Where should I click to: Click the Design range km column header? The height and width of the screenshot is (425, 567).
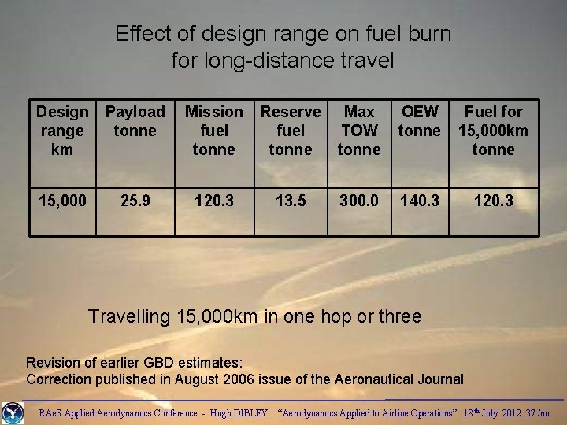61,131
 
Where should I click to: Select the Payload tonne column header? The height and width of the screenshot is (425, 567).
135,121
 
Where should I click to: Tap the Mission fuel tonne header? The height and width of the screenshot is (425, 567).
214,131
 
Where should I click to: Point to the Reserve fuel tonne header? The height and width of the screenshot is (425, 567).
291,131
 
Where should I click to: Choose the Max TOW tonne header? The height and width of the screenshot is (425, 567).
359,131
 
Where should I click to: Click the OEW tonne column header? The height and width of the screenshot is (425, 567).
419,121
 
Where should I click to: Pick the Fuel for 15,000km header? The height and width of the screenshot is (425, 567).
494,131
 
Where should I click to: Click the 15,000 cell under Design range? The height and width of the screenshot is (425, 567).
61,201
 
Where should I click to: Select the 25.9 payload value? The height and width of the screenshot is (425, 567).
135,201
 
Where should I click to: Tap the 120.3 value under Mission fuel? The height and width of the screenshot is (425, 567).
214,201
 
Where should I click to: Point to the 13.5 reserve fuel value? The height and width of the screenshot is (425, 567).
291,201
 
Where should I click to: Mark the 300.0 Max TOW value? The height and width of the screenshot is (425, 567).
359,201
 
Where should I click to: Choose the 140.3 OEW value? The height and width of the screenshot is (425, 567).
419,201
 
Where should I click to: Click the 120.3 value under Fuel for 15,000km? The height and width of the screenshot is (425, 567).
494,201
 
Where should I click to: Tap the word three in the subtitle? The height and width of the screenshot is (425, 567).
400,317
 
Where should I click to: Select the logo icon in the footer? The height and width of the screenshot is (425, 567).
13,412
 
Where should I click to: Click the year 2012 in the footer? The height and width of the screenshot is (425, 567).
510,413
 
